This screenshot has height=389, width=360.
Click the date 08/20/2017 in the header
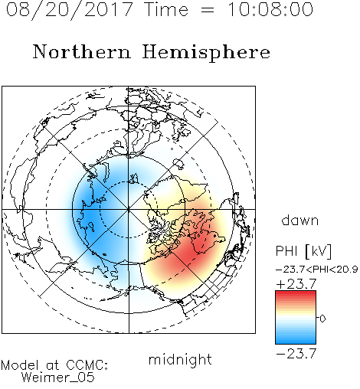pos(69,10)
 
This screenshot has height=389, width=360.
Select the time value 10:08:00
pos(270,9)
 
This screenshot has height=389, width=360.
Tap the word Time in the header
pos(166,9)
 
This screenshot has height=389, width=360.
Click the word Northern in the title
pos(81,51)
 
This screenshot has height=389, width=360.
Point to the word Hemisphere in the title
pos(206,53)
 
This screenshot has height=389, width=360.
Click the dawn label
pos(300,220)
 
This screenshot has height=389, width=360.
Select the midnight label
pos(180,359)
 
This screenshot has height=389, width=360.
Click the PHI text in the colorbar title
pos(286,251)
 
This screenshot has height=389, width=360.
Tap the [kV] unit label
pos(319,251)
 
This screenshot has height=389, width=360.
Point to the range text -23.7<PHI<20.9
pos(317,270)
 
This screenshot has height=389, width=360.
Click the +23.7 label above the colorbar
pos(296,283)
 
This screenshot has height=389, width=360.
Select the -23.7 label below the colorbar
pos(296,354)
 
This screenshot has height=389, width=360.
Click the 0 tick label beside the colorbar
pos(322,319)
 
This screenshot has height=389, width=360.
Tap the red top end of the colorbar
pos(296,293)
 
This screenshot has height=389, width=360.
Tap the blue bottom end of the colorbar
pos(296,341)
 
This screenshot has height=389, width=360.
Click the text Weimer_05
pos(58,378)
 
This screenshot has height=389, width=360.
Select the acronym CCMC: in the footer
pos(87,365)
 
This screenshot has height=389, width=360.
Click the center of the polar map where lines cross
pos(129,209)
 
